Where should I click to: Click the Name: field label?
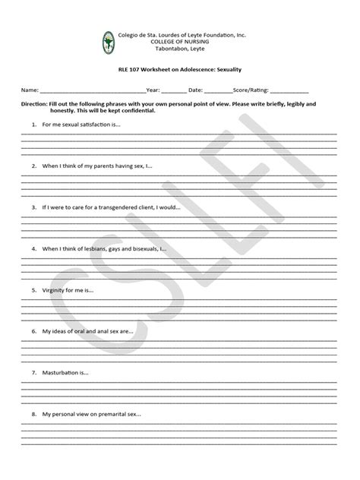[x=29, y=89]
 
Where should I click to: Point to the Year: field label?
[x=153, y=89]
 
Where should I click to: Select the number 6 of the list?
[x=33, y=331]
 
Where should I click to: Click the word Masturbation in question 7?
[x=62, y=373]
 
